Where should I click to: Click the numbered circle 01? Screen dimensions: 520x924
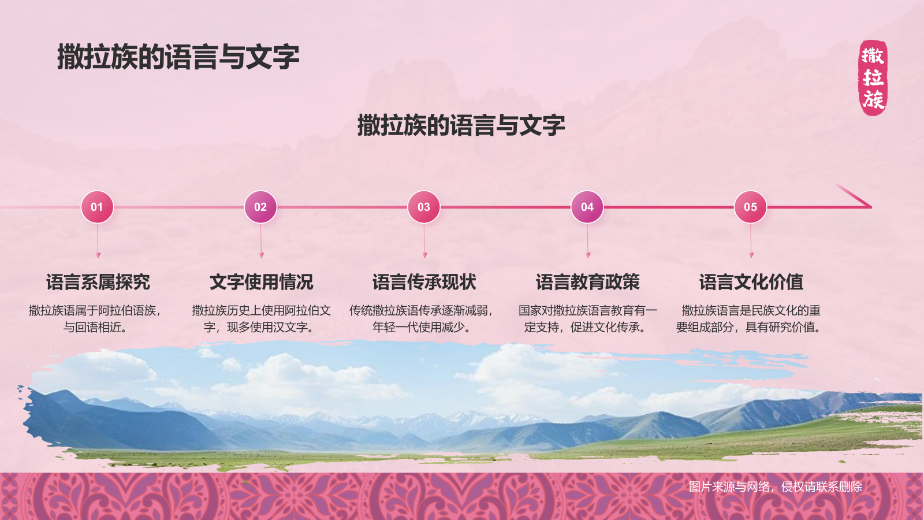tap(97, 207)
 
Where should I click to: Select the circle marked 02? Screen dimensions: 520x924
tap(260, 207)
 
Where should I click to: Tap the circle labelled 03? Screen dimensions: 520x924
tap(424, 207)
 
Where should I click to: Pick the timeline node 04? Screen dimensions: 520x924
tap(587, 207)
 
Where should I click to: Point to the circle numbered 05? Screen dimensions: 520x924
tap(750, 207)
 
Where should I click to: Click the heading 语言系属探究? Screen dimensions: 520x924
tap(98, 282)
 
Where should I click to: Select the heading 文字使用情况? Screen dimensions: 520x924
tap(261, 282)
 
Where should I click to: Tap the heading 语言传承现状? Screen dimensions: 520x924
tap(424, 282)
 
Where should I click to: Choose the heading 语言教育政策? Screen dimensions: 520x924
tap(588, 282)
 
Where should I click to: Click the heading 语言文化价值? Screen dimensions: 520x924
tap(751, 282)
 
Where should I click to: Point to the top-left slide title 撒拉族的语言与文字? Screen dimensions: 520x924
tap(178, 57)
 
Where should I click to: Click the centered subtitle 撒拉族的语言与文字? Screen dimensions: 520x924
tap(461, 125)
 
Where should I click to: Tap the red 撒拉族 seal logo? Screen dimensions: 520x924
tap(873, 78)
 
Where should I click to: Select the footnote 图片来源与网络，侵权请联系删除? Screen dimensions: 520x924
tap(775, 486)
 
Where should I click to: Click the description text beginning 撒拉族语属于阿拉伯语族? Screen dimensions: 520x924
tap(95, 319)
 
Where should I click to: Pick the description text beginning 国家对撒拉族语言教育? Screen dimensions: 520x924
tap(587, 319)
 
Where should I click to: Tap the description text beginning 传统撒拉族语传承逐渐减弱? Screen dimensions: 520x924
tap(422, 319)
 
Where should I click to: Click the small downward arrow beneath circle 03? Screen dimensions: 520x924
tap(424, 254)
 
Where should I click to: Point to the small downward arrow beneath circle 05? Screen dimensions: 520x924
tap(751, 254)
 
